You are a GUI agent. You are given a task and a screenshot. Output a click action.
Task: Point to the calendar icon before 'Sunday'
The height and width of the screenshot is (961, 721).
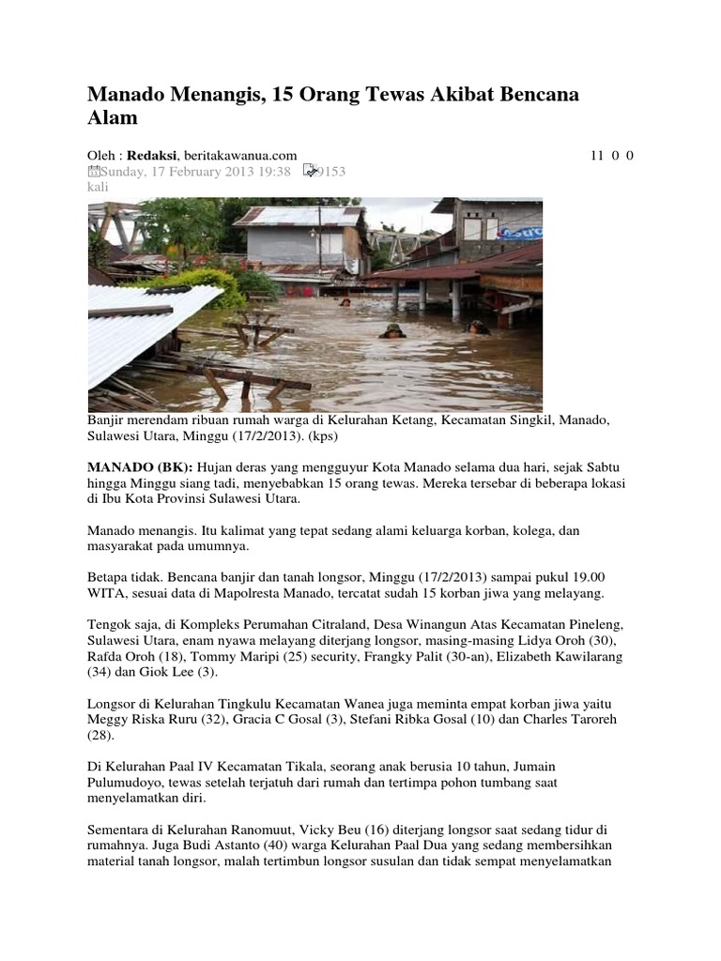coord(93,171)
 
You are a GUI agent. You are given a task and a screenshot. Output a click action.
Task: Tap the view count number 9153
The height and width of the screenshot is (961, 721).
coord(330,171)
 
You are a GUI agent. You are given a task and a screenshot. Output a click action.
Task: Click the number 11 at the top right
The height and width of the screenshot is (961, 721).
coord(597,155)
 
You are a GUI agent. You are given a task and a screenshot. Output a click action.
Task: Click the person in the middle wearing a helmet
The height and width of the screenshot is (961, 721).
coord(392,330)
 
